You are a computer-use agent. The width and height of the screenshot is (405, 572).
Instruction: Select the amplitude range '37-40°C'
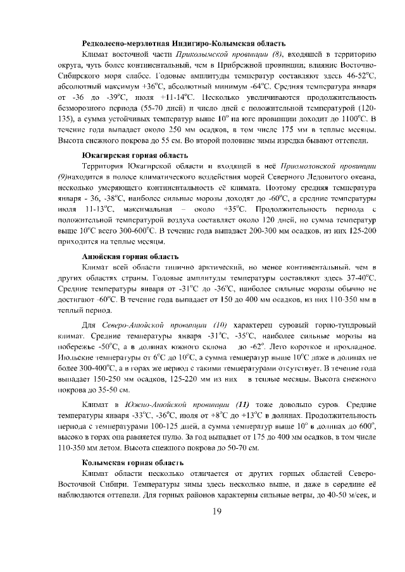coord(359,277)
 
